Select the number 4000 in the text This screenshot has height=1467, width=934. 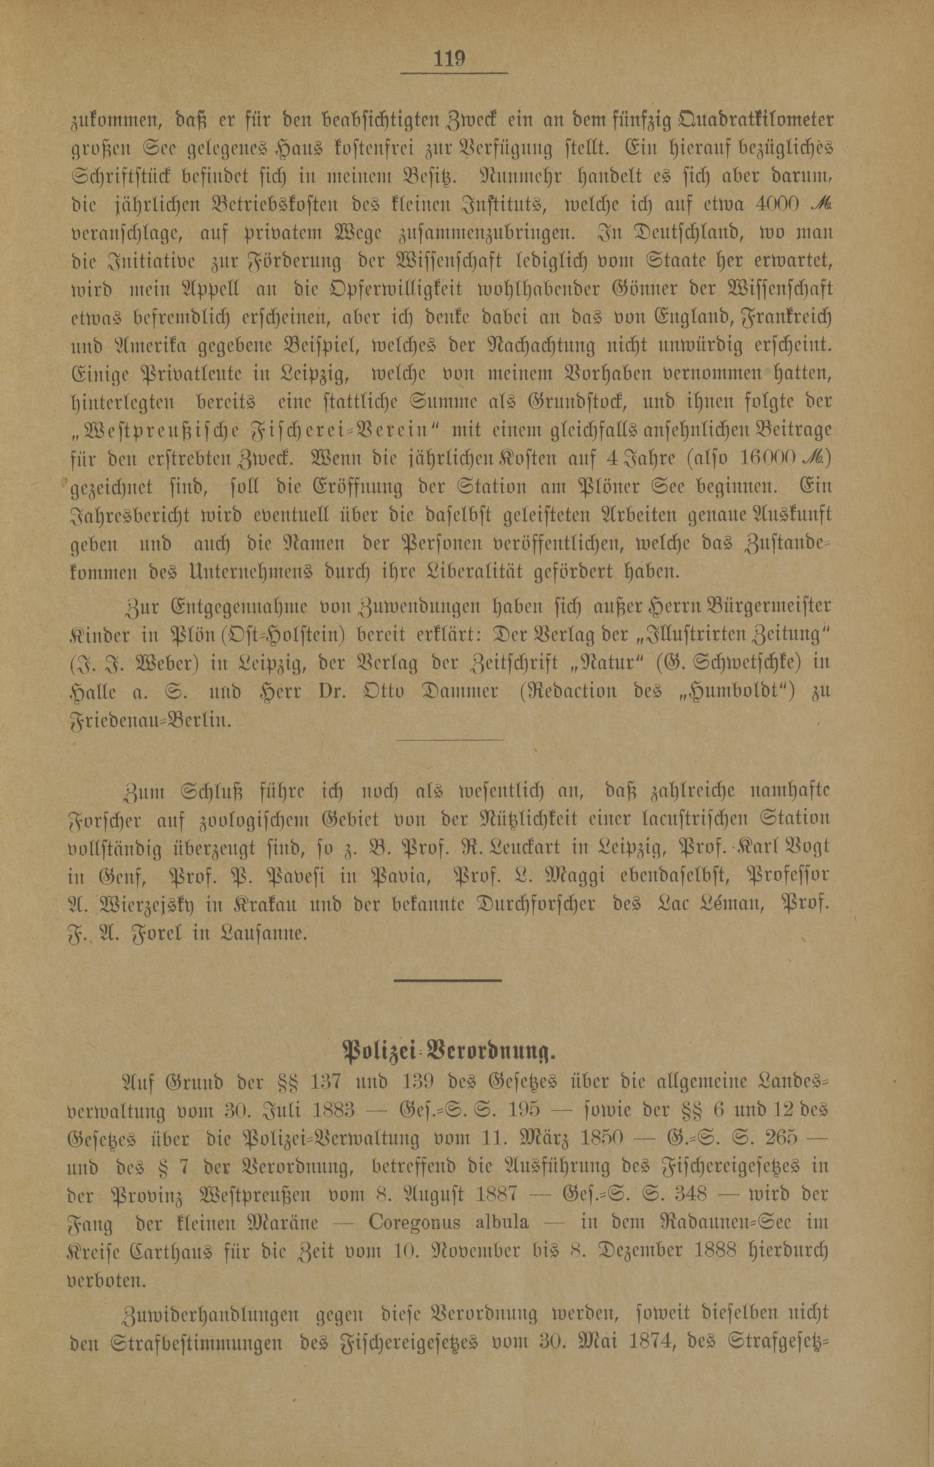777,203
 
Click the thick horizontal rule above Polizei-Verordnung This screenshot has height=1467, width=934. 448,980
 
